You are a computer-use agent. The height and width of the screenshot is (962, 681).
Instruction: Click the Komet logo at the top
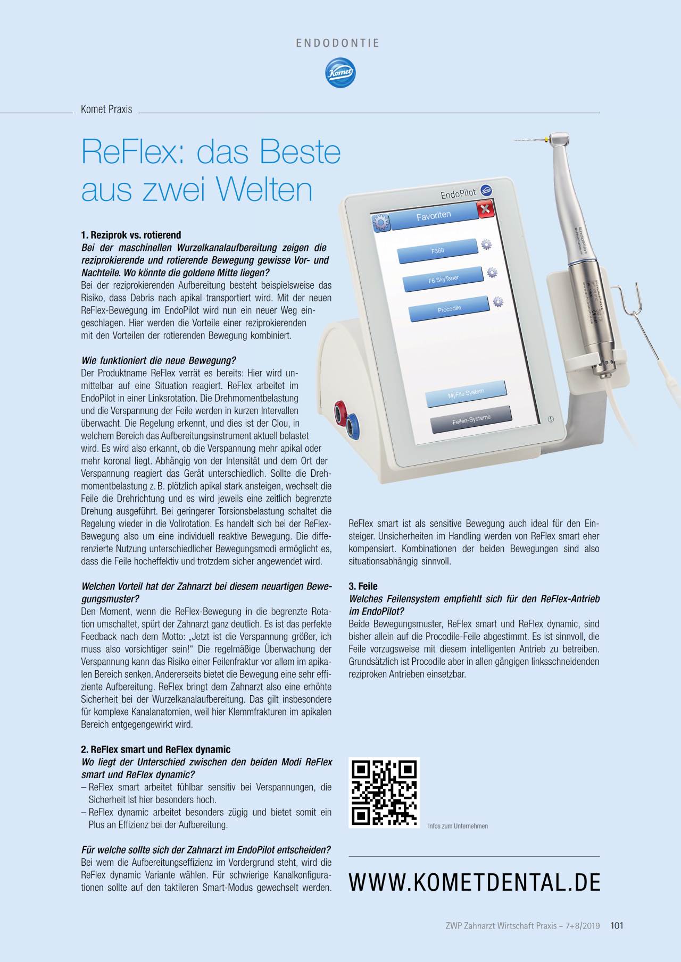point(340,73)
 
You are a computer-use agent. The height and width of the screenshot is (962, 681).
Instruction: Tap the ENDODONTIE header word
point(338,43)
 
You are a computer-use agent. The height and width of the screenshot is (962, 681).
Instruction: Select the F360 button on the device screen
point(438,250)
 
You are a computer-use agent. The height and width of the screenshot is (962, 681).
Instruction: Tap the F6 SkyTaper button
point(443,280)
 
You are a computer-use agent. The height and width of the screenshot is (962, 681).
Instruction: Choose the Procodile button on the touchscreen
point(449,309)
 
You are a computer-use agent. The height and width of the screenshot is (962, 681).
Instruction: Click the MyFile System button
point(466,393)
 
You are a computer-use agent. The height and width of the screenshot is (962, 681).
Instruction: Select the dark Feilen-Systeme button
point(471,419)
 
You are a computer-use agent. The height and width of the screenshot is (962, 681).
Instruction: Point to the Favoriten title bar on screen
point(434,215)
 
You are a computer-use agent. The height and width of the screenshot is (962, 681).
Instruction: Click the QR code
point(384,792)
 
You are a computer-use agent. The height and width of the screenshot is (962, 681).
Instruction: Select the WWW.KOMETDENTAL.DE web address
point(475,882)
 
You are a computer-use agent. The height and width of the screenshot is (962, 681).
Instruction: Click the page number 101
point(617,925)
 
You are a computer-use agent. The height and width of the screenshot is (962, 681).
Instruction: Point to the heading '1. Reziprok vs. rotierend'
point(131,235)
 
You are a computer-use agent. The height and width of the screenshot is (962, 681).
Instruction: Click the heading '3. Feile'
point(363,586)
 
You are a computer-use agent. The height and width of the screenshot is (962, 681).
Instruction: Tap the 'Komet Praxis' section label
point(106,109)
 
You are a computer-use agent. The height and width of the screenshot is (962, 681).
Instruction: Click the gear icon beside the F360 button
point(486,244)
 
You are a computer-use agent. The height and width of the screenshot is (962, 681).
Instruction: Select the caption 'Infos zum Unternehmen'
point(458,826)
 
